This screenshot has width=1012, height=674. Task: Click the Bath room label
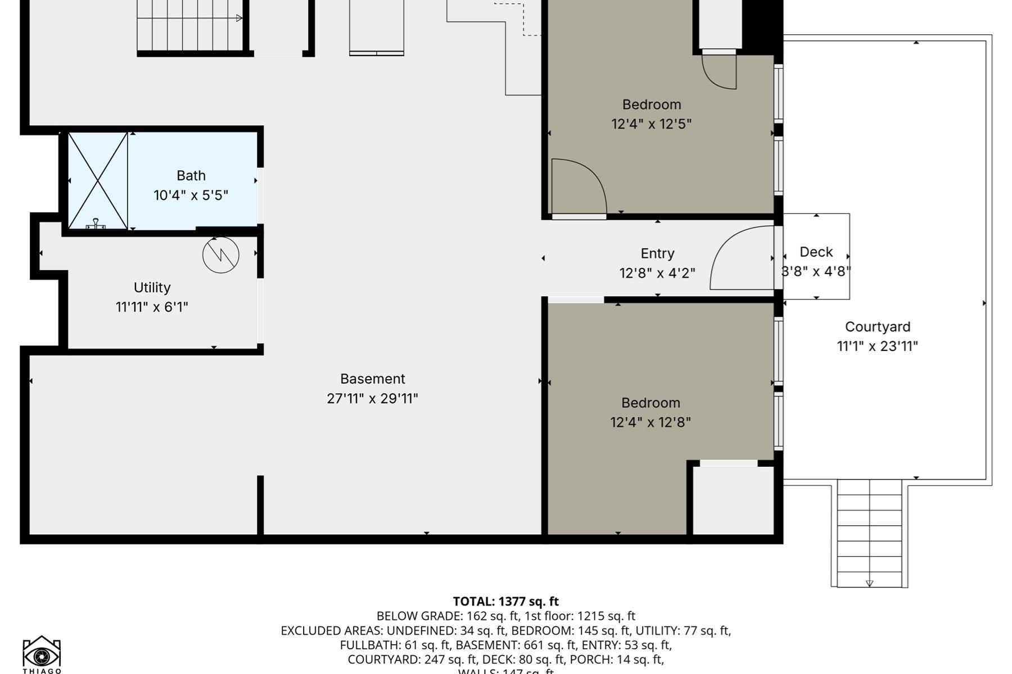(x=191, y=176)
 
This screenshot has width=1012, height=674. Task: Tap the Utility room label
(x=152, y=288)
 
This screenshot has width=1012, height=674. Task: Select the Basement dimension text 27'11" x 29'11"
(x=372, y=399)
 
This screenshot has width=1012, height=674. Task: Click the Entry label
(x=657, y=254)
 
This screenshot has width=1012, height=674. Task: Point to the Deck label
(x=816, y=252)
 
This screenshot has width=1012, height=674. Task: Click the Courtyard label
(x=877, y=327)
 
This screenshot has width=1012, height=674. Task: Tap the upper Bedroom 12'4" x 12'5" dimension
(x=651, y=124)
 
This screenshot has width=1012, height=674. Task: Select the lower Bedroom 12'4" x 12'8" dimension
(x=650, y=422)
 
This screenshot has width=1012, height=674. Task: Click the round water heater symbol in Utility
(x=220, y=255)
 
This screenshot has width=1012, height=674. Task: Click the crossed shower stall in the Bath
(x=98, y=181)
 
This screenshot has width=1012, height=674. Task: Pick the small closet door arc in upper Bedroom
(x=719, y=71)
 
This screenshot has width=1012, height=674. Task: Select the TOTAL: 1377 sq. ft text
(x=505, y=602)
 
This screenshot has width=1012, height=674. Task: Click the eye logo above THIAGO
(x=42, y=654)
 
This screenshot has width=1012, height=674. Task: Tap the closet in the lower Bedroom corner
(x=733, y=499)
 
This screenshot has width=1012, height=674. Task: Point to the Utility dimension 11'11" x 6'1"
(x=152, y=307)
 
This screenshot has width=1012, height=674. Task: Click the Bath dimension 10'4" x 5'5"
(x=191, y=195)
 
